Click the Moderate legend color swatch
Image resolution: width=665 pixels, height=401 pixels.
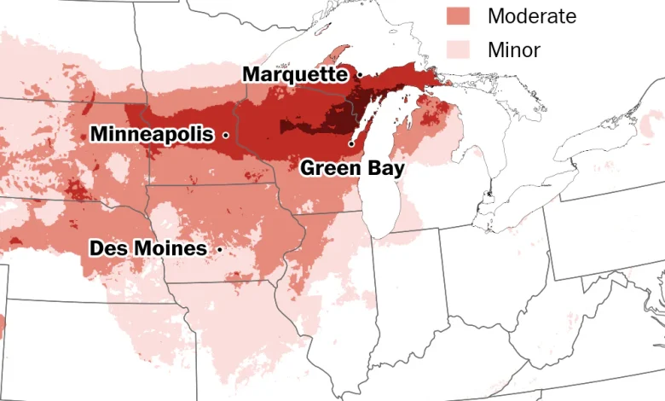pos(459,15)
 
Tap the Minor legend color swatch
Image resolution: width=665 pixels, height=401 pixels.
pos(459,49)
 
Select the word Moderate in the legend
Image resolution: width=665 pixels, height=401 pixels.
pos(531,15)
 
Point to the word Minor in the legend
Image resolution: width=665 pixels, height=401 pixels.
pos(513,49)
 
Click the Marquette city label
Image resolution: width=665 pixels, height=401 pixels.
pos(296,74)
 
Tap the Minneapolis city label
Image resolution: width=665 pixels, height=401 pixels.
pos(152,134)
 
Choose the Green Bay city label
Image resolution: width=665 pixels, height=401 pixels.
pos(352,167)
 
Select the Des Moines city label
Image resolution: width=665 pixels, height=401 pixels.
pos(148,248)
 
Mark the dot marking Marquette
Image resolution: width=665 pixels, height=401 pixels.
pos(360,75)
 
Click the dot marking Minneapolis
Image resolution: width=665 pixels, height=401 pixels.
pos(226,135)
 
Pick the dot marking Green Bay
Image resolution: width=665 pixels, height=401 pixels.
pos(350,144)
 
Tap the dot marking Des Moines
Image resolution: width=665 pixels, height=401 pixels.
pos(220,249)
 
